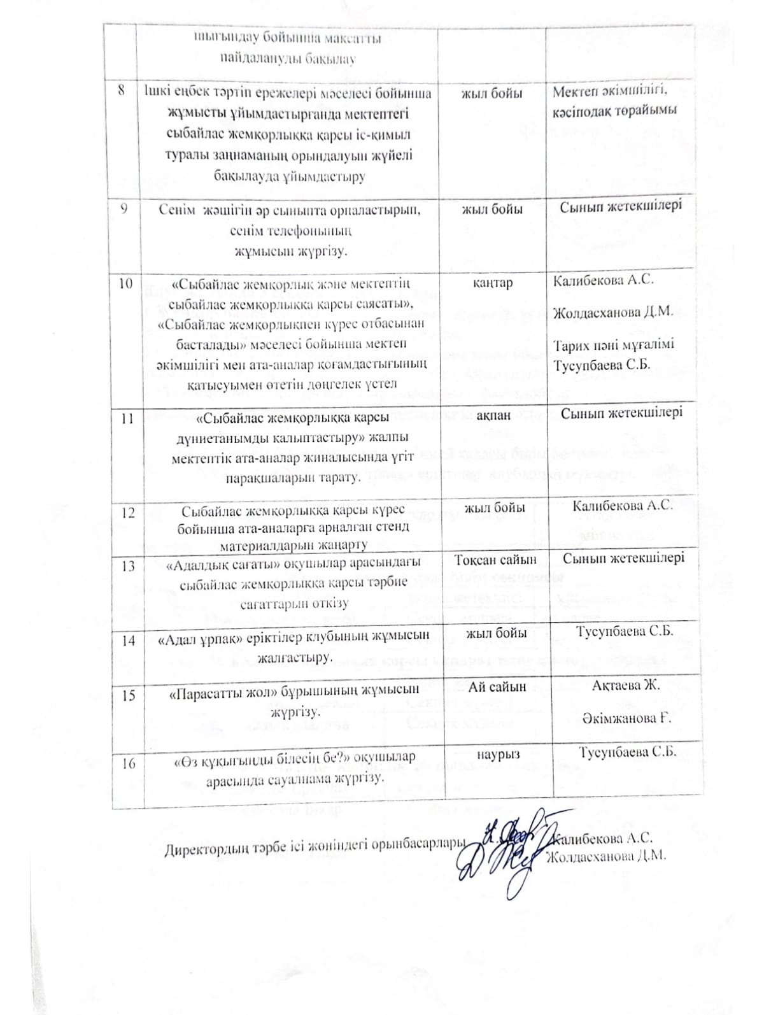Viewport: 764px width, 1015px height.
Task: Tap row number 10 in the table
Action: coord(126,284)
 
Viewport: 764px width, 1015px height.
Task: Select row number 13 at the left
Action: coord(127,566)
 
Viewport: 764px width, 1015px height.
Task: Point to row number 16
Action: coord(128,763)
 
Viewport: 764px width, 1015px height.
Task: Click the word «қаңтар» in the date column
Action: coord(493,283)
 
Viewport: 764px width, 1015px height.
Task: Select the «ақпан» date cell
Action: coord(493,415)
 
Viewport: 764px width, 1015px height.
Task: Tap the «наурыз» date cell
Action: coord(498,754)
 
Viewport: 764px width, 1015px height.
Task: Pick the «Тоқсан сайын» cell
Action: coord(495,560)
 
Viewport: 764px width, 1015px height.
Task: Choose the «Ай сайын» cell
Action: coord(497,686)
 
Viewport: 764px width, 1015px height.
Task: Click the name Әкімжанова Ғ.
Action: coord(627,718)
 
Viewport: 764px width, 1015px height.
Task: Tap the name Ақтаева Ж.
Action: coord(626,686)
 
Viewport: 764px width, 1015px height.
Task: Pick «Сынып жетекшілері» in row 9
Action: coord(621,206)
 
